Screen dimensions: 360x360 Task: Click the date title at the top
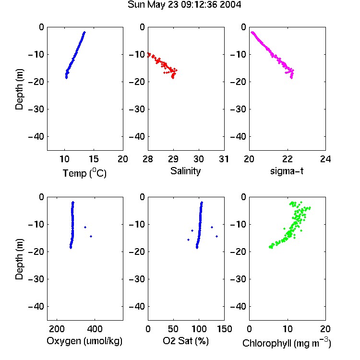[184, 4]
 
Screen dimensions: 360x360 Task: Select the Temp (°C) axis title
[84, 173]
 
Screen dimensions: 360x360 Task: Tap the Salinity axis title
[185, 171]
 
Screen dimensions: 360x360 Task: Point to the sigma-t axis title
[287, 171]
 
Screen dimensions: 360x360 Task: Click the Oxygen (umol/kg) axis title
[84, 341]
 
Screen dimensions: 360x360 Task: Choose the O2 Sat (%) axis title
[185, 341]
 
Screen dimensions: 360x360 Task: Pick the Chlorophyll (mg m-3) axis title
[287, 343]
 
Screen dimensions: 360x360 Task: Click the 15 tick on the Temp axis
[94, 159]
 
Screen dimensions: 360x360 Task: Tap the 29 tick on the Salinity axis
[173, 159]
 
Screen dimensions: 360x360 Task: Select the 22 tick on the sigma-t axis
[287, 159]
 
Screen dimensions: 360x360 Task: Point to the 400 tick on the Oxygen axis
[95, 329]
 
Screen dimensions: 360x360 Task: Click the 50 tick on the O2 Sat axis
[173, 329]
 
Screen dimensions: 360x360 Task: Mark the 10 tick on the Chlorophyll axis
[287, 329]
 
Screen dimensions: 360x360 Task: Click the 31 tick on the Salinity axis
[224, 159]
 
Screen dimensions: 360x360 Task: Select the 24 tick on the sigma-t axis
[325, 159]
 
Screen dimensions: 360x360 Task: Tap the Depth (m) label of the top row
[19, 89]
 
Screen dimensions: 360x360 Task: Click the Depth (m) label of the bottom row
[19, 259]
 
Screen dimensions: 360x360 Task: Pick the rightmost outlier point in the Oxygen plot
[91, 236]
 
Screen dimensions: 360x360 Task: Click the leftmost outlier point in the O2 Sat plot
[189, 240]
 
